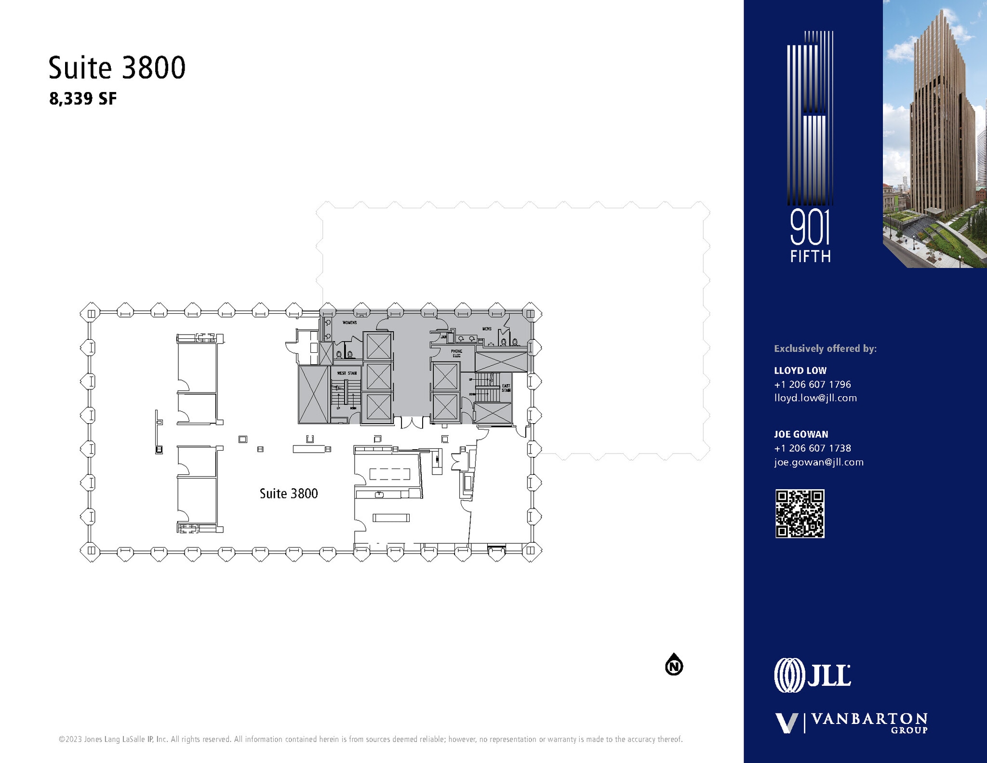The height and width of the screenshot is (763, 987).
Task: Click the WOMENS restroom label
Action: pyautogui.click(x=349, y=322)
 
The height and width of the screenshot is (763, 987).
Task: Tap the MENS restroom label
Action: pyautogui.click(x=487, y=329)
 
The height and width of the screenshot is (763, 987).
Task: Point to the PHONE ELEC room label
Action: pyautogui.click(x=456, y=353)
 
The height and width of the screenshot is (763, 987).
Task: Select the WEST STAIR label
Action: pyautogui.click(x=347, y=374)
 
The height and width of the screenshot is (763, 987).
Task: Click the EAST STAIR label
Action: pyautogui.click(x=506, y=388)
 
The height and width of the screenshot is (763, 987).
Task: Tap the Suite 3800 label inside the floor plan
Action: pyautogui.click(x=289, y=494)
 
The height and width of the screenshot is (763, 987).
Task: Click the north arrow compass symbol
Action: pyautogui.click(x=674, y=666)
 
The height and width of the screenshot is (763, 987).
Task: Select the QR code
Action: pyautogui.click(x=800, y=514)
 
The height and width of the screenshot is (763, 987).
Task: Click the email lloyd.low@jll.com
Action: pyautogui.click(x=815, y=398)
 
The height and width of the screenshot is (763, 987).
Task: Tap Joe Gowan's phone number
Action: pyautogui.click(x=812, y=448)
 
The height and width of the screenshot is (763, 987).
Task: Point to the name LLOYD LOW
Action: pyautogui.click(x=800, y=371)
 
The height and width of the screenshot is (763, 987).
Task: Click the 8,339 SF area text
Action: pyautogui.click(x=83, y=99)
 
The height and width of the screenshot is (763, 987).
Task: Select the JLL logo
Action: pyautogui.click(x=812, y=675)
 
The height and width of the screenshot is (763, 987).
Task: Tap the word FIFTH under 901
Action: pyautogui.click(x=810, y=256)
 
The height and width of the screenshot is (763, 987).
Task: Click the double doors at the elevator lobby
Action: pyautogui.click(x=411, y=423)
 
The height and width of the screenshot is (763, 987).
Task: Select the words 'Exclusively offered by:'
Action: pyautogui.click(x=825, y=348)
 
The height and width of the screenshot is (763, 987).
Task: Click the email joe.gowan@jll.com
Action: pyautogui.click(x=818, y=462)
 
